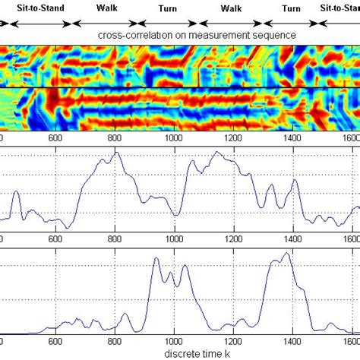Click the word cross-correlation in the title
tap(144, 36)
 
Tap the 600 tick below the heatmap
tap(55, 139)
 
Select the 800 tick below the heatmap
tap(115, 139)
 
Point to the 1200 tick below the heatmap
tap(232, 139)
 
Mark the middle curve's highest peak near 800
tap(116, 152)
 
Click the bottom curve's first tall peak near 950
tap(156, 258)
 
